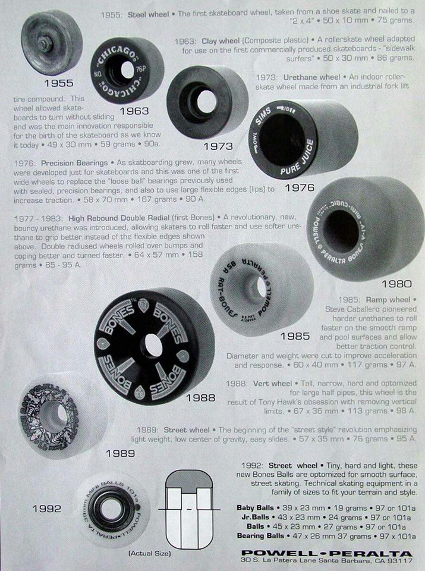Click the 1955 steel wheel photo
51,43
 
